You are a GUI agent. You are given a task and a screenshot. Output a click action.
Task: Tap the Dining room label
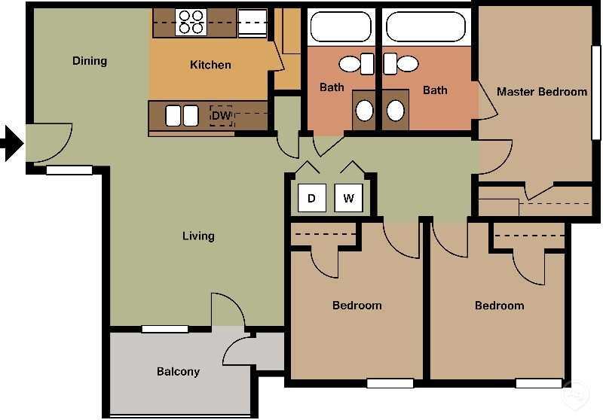tap(90, 61)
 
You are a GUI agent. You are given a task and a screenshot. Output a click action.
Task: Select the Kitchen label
tap(210, 65)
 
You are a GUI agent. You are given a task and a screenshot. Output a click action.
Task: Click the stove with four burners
tap(191, 22)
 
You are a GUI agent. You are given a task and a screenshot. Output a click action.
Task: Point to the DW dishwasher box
tap(221, 116)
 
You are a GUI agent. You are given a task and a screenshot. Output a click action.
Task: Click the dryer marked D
tap(312, 199)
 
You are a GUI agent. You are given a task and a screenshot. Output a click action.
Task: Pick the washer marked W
tap(348, 199)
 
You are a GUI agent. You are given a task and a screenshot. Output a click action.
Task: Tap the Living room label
tap(198, 236)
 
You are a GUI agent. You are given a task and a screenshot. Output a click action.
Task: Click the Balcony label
tap(178, 372)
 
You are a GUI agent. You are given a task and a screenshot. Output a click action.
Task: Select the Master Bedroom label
tap(541, 92)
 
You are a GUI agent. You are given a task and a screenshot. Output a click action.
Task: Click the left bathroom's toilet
tap(353, 64)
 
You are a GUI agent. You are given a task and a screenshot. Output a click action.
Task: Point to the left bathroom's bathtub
tap(341, 26)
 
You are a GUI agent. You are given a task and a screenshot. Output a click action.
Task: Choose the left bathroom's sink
tap(364, 111)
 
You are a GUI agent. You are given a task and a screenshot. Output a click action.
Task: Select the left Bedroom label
tap(357, 306)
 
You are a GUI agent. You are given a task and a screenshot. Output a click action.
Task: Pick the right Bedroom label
tap(499, 306)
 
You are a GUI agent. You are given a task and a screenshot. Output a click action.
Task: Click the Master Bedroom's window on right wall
tap(595, 92)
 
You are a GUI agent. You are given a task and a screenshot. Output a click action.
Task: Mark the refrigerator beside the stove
tap(253, 23)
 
